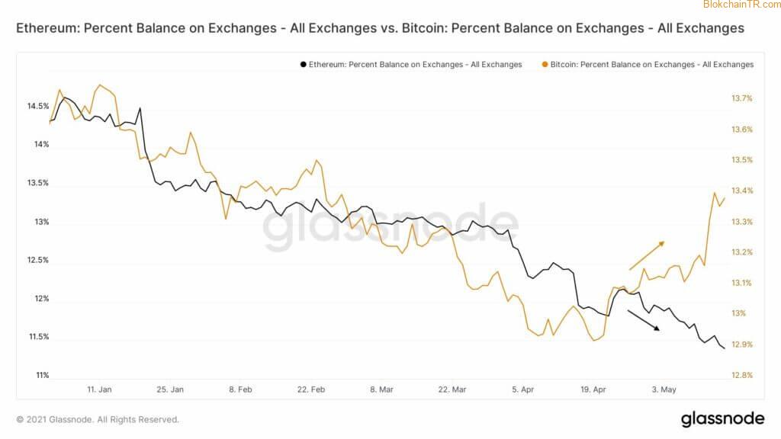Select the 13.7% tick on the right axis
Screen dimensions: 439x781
click(x=742, y=98)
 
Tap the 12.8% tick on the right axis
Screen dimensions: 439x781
click(x=742, y=375)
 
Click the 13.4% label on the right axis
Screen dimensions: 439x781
click(x=742, y=191)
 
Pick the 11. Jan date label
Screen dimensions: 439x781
click(x=99, y=389)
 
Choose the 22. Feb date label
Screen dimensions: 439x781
click(x=311, y=389)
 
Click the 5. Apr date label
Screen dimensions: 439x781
click(x=523, y=389)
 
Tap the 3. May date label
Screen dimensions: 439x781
click(x=664, y=389)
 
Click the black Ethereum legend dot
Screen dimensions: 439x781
click(x=303, y=65)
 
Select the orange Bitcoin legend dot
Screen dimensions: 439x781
click(x=543, y=65)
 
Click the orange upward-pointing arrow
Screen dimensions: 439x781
click(x=647, y=255)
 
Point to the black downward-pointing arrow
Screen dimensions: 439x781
click(x=644, y=321)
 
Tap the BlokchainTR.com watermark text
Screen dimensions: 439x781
click(x=741, y=5)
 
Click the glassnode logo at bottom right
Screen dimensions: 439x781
click(x=722, y=418)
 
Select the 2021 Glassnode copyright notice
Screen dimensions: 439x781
click(x=98, y=419)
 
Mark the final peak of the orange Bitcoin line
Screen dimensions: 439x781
click(x=715, y=193)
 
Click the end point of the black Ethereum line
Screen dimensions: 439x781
click(x=723, y=348)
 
